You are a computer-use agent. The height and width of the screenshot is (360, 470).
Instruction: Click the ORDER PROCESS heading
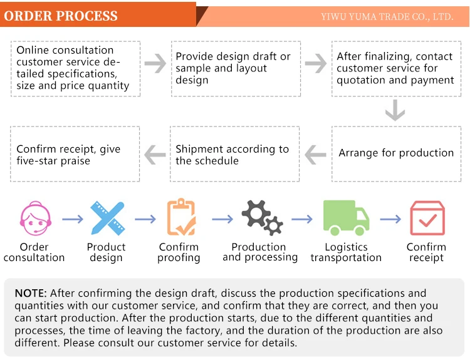[x=61, y=16]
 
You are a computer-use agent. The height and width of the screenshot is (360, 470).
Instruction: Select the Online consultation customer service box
[x=75, y=68]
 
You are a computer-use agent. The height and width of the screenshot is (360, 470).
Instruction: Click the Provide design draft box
[x=236, y=68]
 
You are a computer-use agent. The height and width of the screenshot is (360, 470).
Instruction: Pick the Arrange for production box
[x=396, y=153]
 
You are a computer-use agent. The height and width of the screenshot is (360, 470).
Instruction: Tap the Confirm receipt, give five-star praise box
[x=75, y=155]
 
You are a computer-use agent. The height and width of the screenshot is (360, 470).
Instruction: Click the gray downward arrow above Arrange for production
[x=395, y=110]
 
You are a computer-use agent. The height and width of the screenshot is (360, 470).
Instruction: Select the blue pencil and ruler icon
[x=107, y=218]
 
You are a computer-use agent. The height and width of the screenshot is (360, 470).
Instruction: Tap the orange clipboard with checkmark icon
[x=180, y=217]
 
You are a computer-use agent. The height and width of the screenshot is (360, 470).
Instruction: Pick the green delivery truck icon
[x=345, y=217]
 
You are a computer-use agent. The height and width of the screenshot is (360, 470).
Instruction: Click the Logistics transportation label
[x=346, y=252]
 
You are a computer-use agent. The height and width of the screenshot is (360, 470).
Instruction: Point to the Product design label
[x=107, y=252]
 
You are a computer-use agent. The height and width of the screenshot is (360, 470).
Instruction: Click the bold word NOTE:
[x=31, y=293]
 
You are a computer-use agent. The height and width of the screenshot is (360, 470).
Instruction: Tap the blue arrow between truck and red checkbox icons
[x=390, y=219]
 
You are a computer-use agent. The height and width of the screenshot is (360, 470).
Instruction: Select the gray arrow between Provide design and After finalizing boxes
[x=316, y=63]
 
